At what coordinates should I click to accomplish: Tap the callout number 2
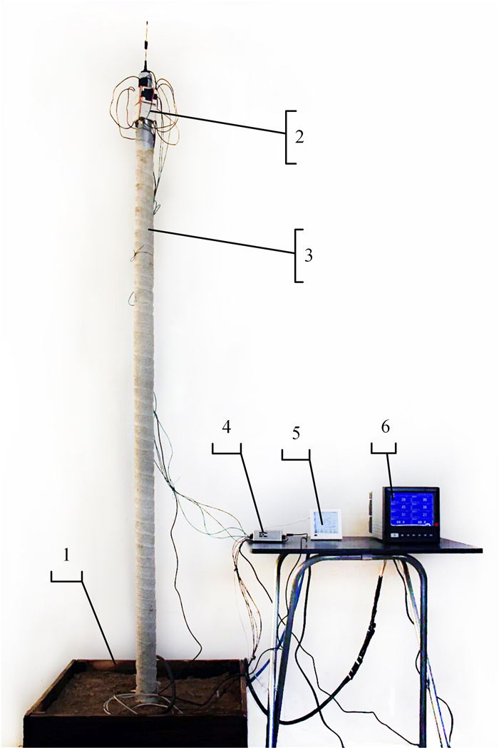pyautogui.click(x=300, y=136)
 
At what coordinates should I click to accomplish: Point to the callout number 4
pyautogui.click(x=226, y=428)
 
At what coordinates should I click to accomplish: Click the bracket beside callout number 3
pyautogui.click(x=299, y=255)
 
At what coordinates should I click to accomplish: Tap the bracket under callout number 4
pyautogui.click(x=227, y=447)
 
